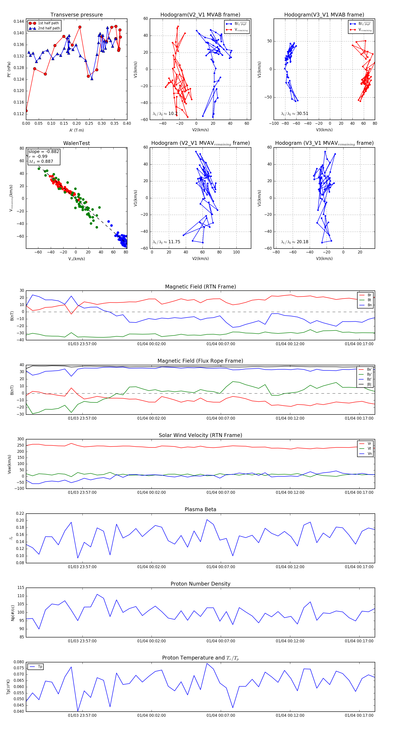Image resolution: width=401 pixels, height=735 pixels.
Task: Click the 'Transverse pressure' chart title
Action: [76, 15]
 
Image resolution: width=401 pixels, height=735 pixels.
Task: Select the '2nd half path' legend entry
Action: [49, 28]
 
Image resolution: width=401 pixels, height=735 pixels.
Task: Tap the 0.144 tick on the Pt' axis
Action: [19, 21]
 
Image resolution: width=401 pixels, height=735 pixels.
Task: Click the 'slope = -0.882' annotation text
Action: [44, 151]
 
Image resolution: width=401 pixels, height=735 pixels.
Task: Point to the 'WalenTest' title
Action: [76, 143]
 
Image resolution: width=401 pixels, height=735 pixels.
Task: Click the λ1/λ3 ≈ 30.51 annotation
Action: [295, 114]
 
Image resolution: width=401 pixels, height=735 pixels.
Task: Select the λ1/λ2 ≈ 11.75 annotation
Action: [166, 242]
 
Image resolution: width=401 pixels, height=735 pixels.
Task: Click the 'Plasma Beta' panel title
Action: [200, 510]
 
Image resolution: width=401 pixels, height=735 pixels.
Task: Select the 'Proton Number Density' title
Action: [200, 584]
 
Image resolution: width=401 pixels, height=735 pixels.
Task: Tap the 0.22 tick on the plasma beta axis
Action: [20, 514]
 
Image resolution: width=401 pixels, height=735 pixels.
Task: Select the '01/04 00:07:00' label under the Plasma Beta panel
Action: [221, 567]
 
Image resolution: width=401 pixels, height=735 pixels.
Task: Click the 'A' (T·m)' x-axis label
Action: [76, 130]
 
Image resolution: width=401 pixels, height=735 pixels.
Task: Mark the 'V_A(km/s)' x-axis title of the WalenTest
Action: [76, 259]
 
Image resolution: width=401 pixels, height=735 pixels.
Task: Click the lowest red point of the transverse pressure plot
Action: [26, 111]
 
